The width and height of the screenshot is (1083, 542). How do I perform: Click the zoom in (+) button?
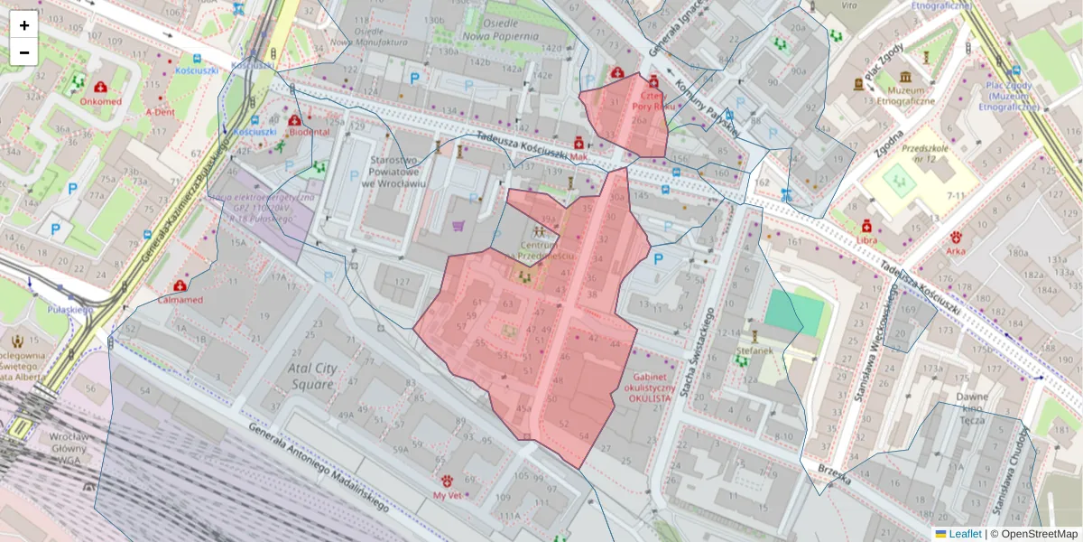point(24,25)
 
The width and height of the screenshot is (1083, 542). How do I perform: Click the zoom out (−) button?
point(24,52)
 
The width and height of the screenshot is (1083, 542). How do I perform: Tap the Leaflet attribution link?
point(964,534)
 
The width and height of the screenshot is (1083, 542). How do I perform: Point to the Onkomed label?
point(100,101)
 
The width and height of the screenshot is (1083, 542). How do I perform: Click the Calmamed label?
point(180,299)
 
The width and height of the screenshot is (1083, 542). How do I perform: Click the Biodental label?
point(309,132)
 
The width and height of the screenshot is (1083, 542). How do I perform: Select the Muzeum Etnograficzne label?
point(907,96)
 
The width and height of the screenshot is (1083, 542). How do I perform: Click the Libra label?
point(867,239)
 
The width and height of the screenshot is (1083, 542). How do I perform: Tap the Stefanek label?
point(754,350)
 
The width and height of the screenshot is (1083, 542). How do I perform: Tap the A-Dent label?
point(160,112)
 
